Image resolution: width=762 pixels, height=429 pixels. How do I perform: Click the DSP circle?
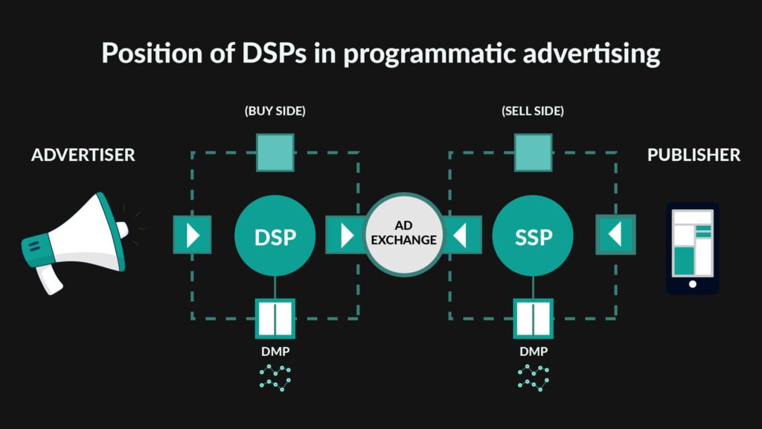275,235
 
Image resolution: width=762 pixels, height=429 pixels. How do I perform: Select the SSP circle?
533,235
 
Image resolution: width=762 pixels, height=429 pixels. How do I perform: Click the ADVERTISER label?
83,155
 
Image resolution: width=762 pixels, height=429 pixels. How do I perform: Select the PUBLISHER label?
694,155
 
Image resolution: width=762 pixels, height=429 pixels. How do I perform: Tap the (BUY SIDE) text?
275,111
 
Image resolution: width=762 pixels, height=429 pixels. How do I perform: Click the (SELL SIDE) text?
533,111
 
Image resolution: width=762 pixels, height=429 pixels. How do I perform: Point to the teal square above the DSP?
275,153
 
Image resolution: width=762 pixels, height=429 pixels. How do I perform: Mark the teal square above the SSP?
533,153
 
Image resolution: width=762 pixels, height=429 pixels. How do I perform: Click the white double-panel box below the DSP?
275,319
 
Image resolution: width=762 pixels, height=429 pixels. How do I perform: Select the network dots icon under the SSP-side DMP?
533,377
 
